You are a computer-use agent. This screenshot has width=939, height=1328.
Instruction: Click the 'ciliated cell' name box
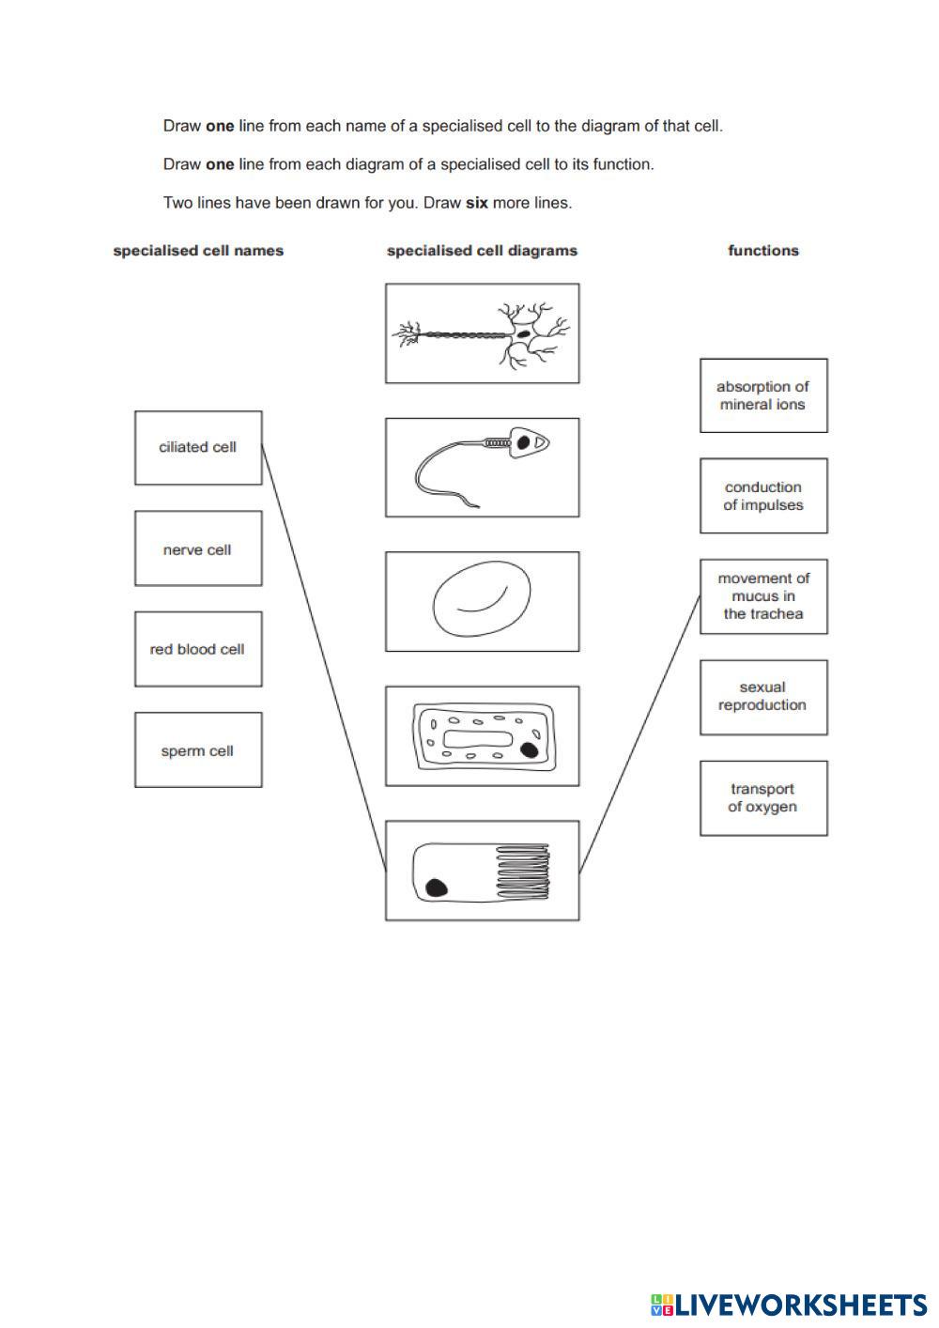click(x=198, y=448)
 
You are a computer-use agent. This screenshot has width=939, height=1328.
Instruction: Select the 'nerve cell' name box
click(x=198, y=549)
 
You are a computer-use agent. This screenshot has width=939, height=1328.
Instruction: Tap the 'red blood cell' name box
click(x=198, y=649)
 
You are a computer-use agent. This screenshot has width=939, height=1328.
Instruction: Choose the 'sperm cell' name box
click(x=198, y=750)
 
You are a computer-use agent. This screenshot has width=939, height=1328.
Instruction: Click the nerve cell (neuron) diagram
click(x=482, y=333)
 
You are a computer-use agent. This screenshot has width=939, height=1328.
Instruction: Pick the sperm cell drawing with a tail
click(x=482, y=468)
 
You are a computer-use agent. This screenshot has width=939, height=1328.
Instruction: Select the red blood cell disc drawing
click(x=482, y=601)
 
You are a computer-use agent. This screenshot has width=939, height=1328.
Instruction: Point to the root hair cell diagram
click(x=482, y=735)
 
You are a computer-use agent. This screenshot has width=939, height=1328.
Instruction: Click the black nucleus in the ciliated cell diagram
click(x=436, y=888)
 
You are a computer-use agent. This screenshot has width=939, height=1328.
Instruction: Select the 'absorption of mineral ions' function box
click(x=763, y=395)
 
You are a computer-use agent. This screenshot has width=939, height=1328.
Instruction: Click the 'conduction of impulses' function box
click(x=763, y=496)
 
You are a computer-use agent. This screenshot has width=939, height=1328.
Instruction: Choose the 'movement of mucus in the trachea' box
click(x=763, y=596)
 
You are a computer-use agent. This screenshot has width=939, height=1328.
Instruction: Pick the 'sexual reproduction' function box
click(x=763, y=697)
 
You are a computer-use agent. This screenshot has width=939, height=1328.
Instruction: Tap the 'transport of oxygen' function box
click(x=763, y=798)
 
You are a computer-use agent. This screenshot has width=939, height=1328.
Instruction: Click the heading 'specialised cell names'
click(x=198, y=251)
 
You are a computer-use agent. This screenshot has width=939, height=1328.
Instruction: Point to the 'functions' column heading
click(x=763, y=251)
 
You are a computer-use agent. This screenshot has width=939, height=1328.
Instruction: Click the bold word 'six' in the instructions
click(x=476, y=203)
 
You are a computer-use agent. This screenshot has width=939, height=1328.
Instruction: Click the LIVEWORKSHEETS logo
click(x=788, y=1305)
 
